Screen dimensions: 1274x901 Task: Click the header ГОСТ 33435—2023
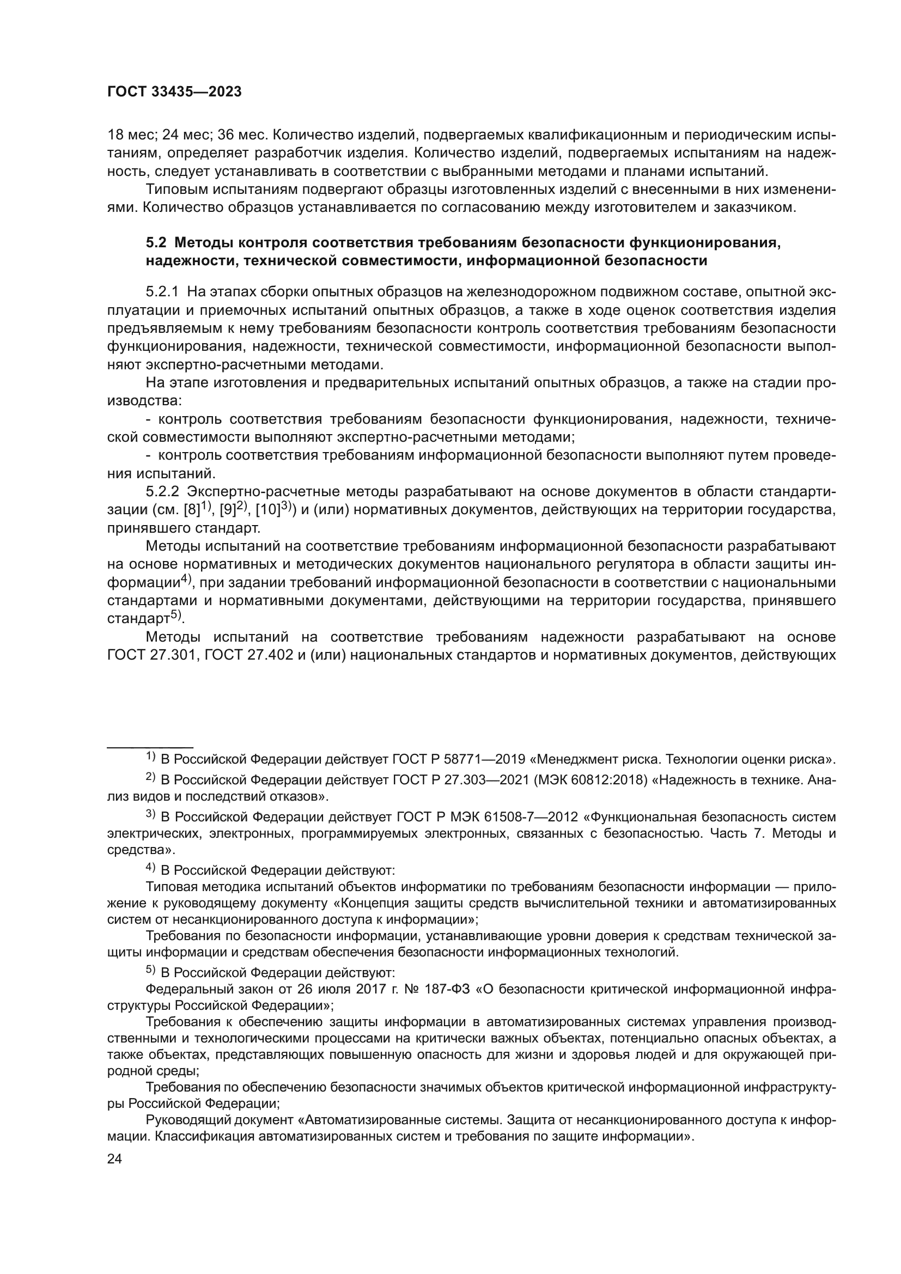tap(174, 92)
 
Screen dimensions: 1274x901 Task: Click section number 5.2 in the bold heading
tap(156, 243)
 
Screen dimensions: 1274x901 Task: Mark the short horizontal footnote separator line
tap(150, 747)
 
